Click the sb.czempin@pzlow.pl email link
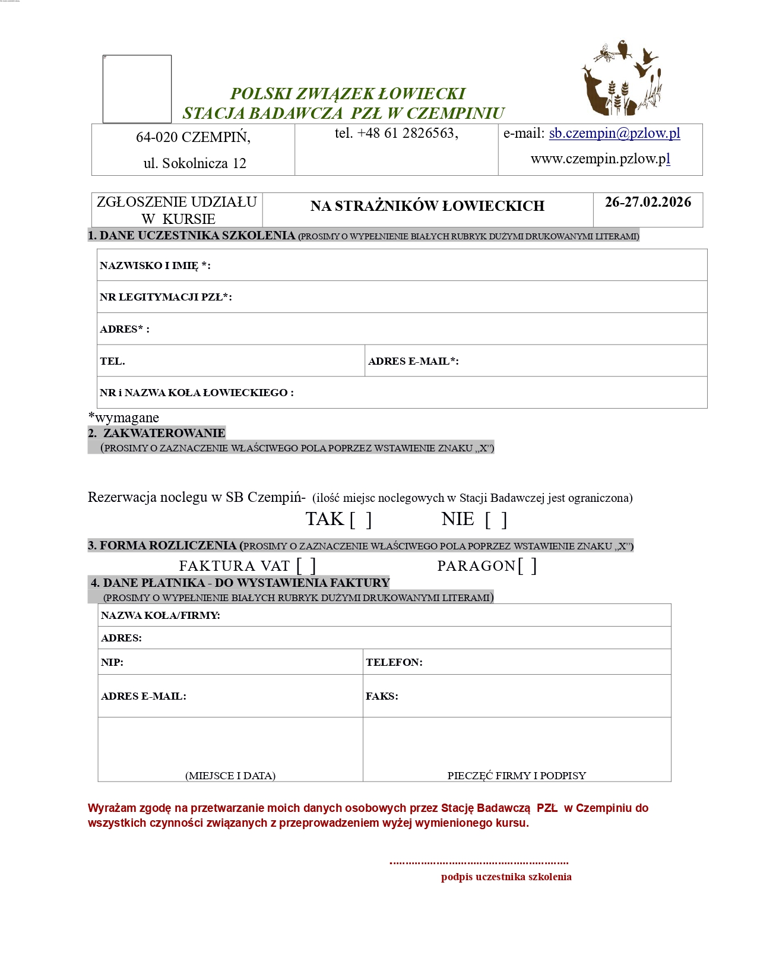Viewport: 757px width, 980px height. tap(614, 134)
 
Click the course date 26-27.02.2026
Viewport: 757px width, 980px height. tap(648, 203)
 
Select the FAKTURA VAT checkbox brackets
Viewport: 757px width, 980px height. tap(306, 566)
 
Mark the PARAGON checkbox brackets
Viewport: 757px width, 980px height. tap(527, 566)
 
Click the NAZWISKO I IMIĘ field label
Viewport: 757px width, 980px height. tap(155, 265)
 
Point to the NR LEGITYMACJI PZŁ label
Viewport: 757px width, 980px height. tap(166, 297)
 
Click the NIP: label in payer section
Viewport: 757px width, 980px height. tap(112, 662)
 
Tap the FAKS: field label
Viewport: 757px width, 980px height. tap(382, 696)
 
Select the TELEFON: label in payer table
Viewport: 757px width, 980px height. tap(394, 662)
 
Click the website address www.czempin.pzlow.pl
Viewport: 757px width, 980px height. tap(600, 159)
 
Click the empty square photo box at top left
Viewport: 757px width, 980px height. tap(137, 89)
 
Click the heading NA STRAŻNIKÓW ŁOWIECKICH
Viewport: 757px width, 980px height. tap(427, 206)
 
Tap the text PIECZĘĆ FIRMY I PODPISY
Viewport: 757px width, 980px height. tap(517, 776)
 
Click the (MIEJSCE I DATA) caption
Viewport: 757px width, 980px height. tap(230, 776)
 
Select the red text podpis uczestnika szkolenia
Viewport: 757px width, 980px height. tap(506, 877)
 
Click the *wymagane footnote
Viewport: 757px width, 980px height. tap(123, 418)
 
